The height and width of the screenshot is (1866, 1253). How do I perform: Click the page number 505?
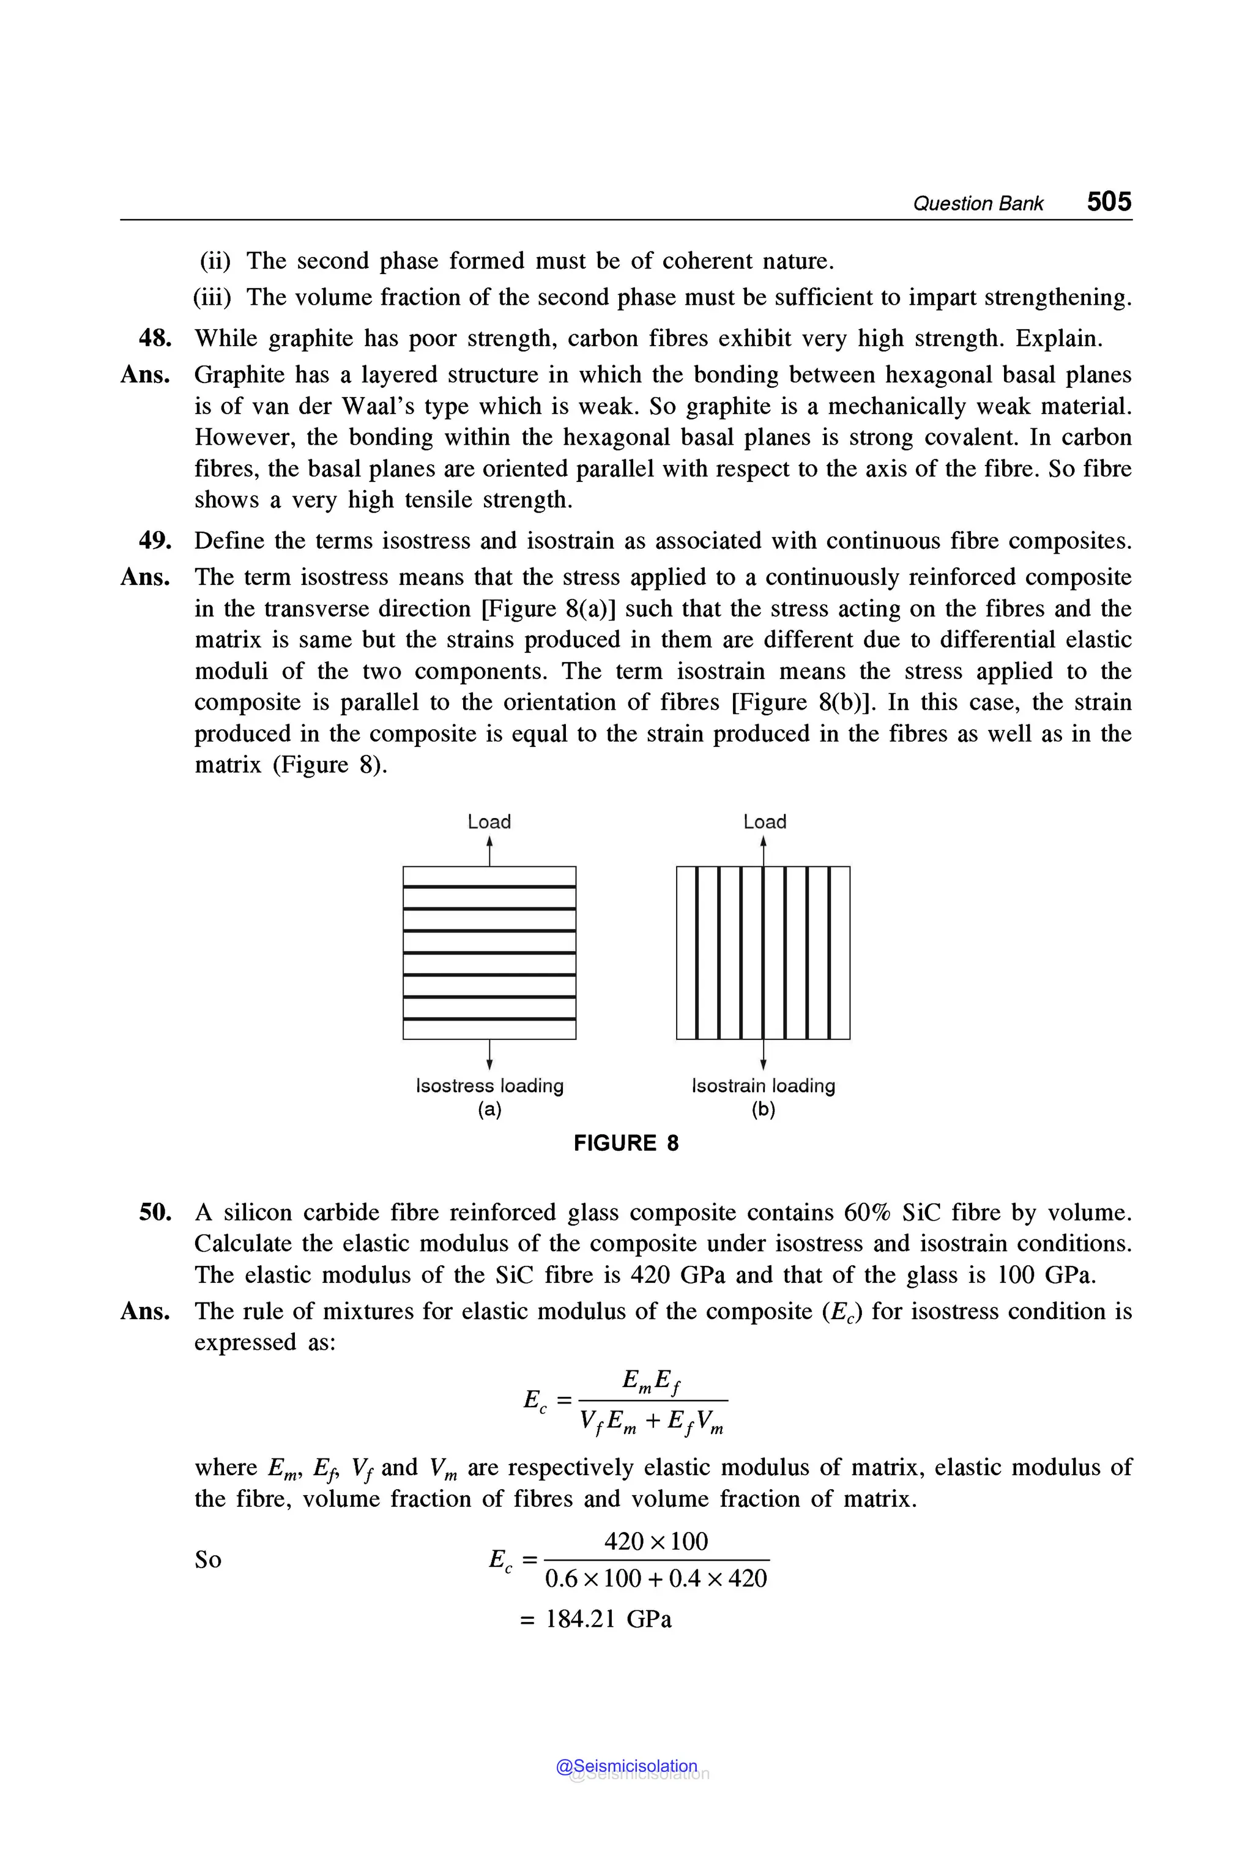pos(1109,201)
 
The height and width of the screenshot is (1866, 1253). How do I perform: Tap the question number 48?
pos(155,338)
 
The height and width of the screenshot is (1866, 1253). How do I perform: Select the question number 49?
pos(155,541)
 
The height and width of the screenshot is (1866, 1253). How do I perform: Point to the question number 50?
pos(155,1213)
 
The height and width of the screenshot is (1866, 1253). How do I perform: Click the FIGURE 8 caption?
pos(626,1143)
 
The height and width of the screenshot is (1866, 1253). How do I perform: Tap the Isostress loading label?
pos(489,1085)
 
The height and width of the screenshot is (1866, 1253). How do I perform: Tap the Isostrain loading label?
pos(763,1085)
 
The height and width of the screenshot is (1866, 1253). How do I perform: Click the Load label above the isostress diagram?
pos(489,822)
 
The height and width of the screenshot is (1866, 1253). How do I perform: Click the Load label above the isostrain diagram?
pos(765,822)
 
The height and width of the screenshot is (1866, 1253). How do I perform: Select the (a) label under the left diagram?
pos(489,1109)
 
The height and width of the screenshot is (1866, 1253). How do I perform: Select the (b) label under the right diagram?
pos(763,1109)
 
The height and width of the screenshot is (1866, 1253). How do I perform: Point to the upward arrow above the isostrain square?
pos(763,849)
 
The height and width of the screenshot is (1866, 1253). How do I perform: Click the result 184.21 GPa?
pos(608,1619)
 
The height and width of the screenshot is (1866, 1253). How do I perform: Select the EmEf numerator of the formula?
pos(651,1380)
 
